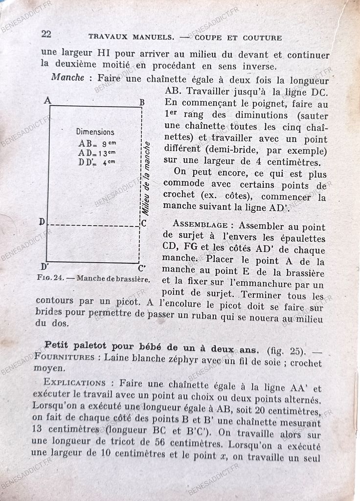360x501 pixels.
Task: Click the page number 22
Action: [46, 34]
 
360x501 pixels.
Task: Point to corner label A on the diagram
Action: [47, 100]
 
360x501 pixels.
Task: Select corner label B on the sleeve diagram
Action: [142, 102]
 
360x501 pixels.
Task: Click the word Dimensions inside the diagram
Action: [95, 132]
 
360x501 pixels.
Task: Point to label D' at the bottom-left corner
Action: [45, 267]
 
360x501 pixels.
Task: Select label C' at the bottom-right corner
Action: [141, 268]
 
